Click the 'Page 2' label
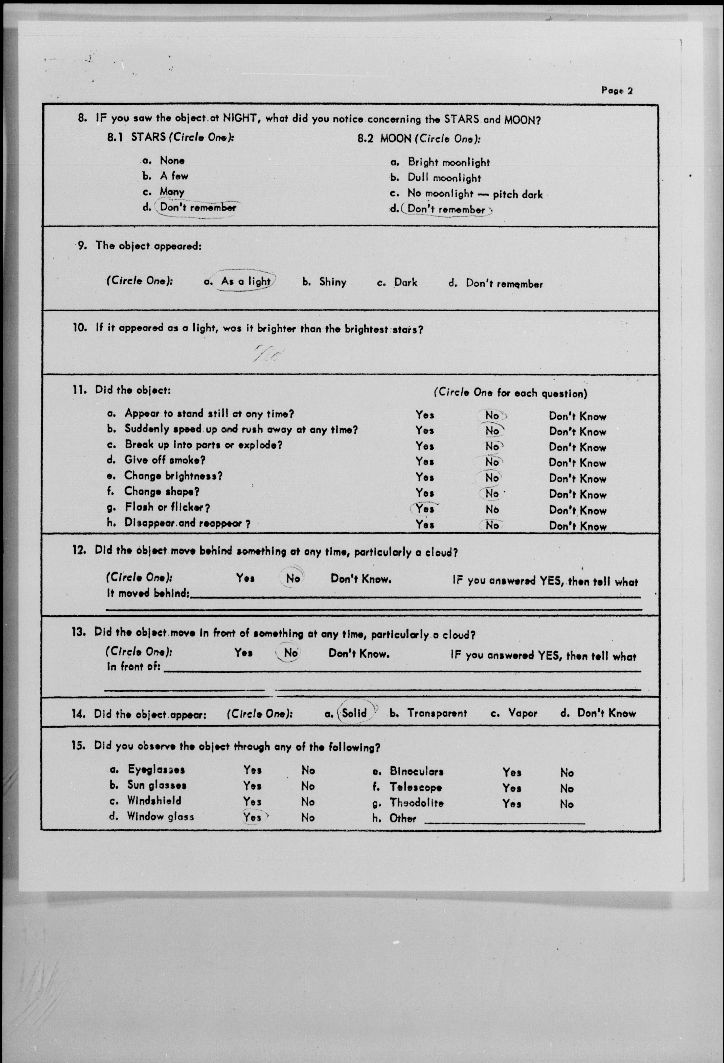[617, 91]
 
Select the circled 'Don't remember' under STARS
[198, 207]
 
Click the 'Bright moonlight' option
[448, 162]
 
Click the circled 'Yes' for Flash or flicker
[425, 509]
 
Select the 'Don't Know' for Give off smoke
[578, 463]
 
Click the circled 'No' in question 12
[293, 578]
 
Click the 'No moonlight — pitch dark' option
[474, 194]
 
